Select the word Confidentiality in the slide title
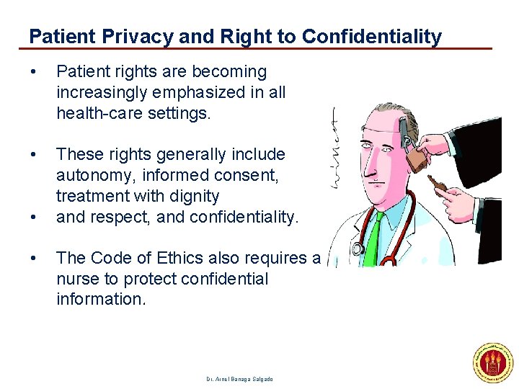pyautogui.click(x=372, y=36)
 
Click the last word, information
pyautogui.click(x=101, y=299)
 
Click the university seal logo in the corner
pyautogui.click(x=492, y=363)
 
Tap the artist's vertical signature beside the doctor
pyautogui.click(x=337, y=148)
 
